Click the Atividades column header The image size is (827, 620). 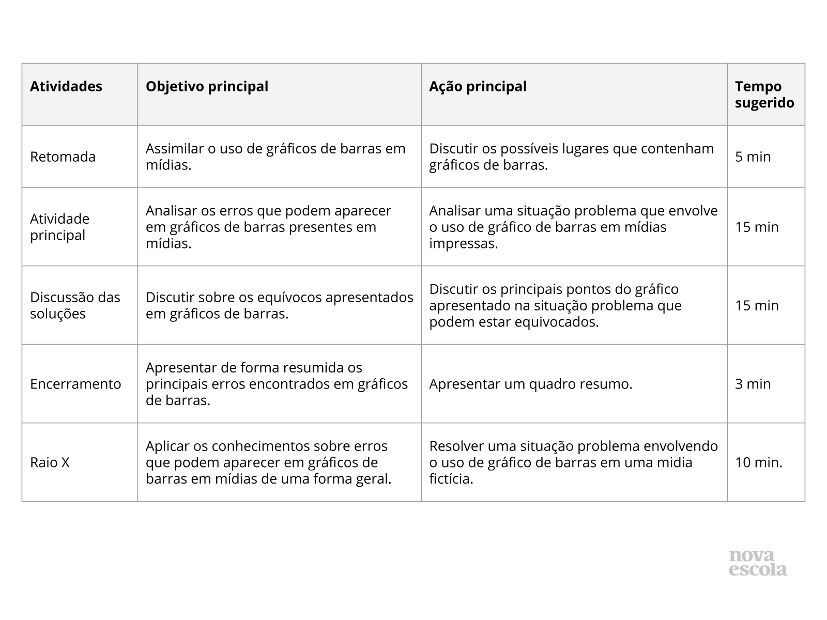click(x=66, y=86)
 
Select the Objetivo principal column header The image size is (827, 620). click(x=207, y=86)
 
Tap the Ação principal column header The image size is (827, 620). click(x=478, y=86)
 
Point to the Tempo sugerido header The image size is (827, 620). click(x=764, y=95)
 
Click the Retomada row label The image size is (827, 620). click(x=63, y=157)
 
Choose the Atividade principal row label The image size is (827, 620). click(x=59, y=227)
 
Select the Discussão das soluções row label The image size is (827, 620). click(x=75, y=305)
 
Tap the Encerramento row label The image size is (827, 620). click(x=75, y=384)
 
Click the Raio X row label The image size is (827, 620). click(x=50, y=462)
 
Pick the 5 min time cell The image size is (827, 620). click(x=753, y=157)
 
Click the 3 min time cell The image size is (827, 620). click(x=753, y=384)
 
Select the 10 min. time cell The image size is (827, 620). click(x=759, y=462)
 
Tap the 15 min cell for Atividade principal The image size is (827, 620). click(x=757, y=227)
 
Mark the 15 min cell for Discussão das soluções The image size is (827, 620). click(x=757, y=305)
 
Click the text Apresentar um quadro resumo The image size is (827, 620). click(x=530, y=384)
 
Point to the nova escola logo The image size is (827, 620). click(x=758, y=563)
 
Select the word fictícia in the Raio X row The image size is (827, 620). click(x=451, y=479)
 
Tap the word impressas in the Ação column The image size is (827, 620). click(x=463, y=243)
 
